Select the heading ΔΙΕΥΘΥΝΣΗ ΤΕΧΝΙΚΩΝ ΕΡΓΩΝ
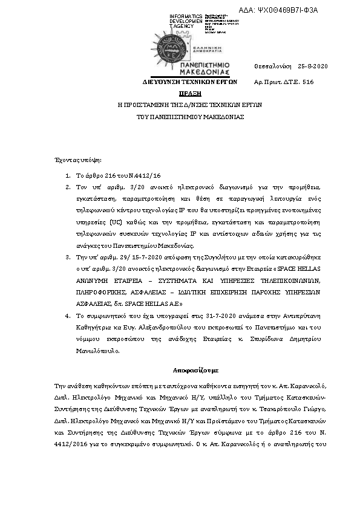[x=189, y=81]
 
